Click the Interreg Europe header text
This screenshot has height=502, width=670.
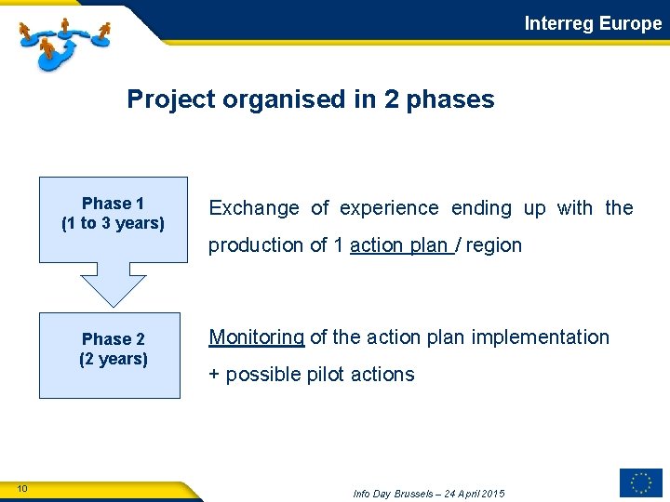[593, 23]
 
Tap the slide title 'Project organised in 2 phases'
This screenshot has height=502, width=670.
[311, 99]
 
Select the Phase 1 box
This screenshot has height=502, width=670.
[113, 219]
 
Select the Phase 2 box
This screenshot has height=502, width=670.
[113, 355]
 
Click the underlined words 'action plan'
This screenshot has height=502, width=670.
[399, 245]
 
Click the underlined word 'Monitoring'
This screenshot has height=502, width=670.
[257, 337]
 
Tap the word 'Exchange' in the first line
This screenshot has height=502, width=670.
[254, 208]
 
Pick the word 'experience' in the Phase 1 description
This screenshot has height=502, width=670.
[388, 208]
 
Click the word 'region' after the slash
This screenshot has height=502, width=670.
[494, 245]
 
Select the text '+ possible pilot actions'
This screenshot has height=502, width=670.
[312, 375]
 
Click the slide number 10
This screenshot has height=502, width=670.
[22, 489]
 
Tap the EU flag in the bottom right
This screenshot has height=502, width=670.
[640, 482]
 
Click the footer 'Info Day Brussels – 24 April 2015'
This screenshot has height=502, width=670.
[429, 493]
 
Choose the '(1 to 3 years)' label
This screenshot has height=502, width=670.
[113, 224]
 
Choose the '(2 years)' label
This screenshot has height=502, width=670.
[114, 360]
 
